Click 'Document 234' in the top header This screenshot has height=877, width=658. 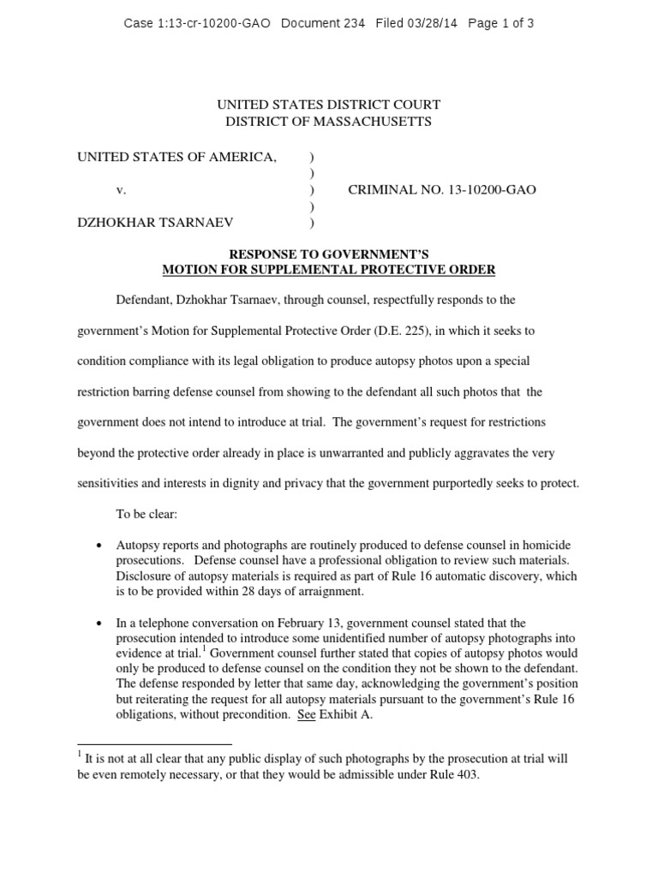click(x=321, y=23)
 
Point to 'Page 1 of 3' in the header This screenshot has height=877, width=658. click(x=501, y=23)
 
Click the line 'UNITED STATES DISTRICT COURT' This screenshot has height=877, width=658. click(x=329, y=104)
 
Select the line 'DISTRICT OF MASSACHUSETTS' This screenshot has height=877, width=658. click(x=329, y=122)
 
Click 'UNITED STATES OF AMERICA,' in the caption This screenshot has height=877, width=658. click(x=177, y=156)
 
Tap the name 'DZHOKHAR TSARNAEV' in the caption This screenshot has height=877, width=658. click(x=155, y=224)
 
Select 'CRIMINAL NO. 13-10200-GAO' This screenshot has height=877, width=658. click(x=442, y=190)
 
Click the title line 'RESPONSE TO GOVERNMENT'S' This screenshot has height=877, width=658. click(x=329, y=254)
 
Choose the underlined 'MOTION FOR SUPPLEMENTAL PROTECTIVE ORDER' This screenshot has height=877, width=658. click(x=329, y=271)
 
